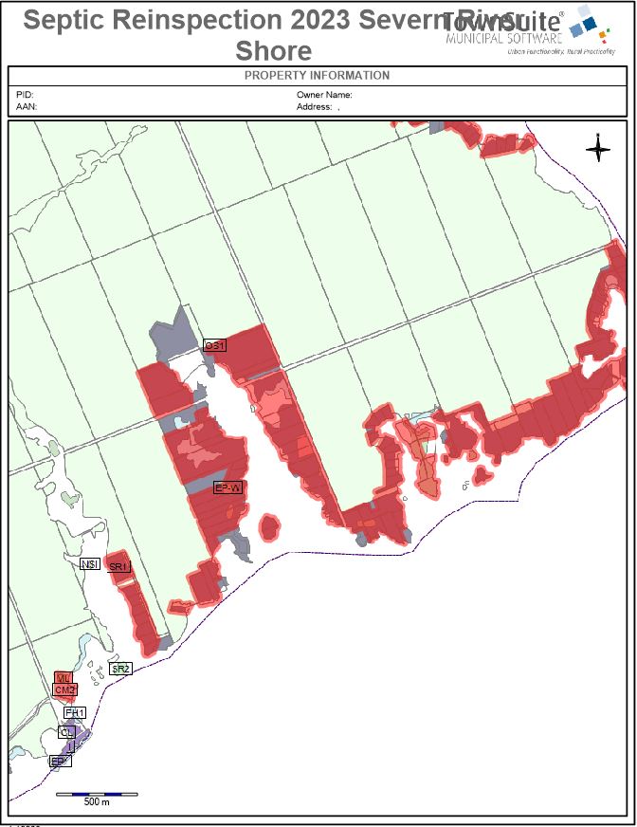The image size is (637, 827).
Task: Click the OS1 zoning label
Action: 215,346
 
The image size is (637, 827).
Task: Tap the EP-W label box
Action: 228,487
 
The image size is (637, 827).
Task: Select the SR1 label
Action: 118,567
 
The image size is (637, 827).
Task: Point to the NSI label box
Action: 91,564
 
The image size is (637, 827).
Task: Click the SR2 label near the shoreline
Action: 120,669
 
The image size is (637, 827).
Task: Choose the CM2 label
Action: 64,690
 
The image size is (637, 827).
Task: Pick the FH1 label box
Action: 75,712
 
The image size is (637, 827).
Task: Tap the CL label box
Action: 66,732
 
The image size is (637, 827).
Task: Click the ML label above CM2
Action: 64,678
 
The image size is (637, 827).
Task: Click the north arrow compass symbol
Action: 598,149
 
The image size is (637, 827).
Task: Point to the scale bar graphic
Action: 97,793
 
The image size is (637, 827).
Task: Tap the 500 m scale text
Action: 97,802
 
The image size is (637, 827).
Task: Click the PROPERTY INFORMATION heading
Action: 317,76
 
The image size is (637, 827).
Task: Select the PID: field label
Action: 24,96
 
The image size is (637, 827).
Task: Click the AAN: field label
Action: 26,107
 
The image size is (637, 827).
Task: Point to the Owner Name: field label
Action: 324,96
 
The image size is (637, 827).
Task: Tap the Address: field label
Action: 315,107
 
